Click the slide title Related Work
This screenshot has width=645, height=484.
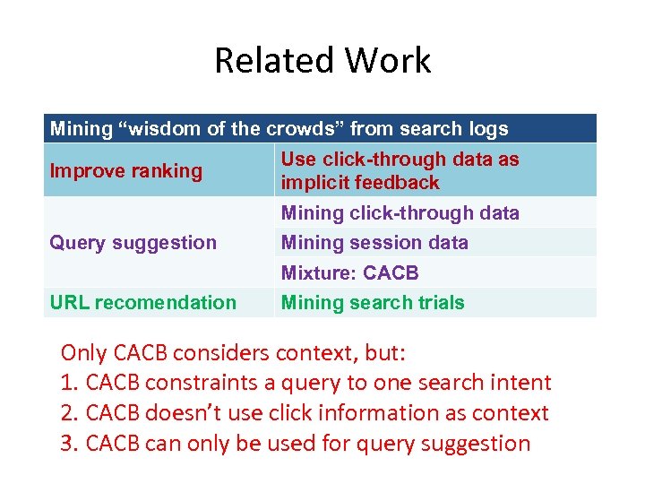click(322, 60)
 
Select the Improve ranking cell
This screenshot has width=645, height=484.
click(126, 170)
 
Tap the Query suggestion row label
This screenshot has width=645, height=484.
click(133, 242)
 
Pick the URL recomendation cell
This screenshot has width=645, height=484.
click(143, 302)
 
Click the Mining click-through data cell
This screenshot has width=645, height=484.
click(400, 212)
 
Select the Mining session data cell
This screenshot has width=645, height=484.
click(374, 242)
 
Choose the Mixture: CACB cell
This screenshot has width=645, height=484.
click(349, 272)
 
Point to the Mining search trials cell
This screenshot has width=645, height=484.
click(373, 302)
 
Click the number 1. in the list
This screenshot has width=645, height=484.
click(70, 383)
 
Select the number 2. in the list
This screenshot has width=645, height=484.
click(70, 413)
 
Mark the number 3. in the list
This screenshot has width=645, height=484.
click(70, 444)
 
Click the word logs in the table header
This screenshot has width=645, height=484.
click(486, 128)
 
